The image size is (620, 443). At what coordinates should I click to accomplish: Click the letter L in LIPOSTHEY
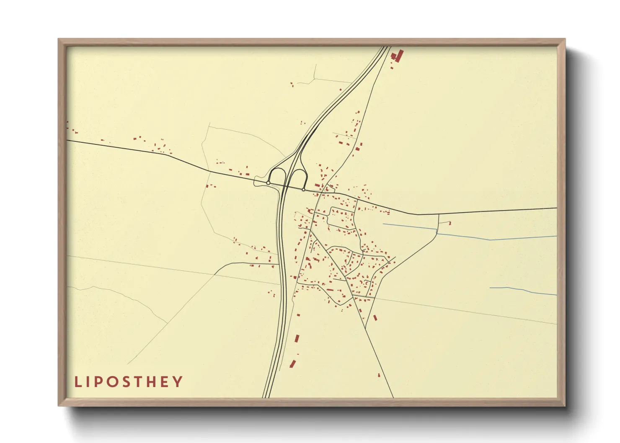77,382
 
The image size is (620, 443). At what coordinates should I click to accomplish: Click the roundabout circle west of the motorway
268,183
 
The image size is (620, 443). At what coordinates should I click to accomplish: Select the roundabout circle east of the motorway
303,189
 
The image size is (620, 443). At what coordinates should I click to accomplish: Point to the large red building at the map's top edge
398,56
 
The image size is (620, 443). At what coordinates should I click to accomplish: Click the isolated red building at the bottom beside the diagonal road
379,375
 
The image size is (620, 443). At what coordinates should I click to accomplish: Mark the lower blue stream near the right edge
524,290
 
